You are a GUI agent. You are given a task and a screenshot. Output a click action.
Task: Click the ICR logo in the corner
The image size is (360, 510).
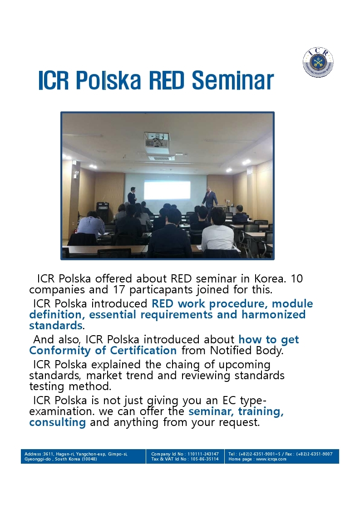pos(318,63)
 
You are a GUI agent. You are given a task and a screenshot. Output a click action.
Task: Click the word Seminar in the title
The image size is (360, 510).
pos(233,80)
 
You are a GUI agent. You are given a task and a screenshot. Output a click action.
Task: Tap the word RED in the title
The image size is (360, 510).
pos(167,80)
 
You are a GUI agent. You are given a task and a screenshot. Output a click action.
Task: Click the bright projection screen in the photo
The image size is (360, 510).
pos(167,190)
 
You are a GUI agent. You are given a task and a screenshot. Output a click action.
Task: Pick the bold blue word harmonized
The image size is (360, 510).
pos(273,315)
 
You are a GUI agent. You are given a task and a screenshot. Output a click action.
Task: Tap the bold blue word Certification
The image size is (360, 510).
pos(143,350)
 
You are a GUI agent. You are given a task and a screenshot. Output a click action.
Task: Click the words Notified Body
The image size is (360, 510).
pos(247,351)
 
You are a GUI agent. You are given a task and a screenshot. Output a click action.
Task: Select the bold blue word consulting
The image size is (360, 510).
pos(58,422)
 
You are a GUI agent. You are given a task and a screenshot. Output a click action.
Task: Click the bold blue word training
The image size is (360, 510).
pos(261,412)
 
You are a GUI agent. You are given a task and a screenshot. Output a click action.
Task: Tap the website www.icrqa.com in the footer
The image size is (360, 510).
pos(271,459)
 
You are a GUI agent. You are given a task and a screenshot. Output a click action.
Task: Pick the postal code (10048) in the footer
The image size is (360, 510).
pos(89,459)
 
